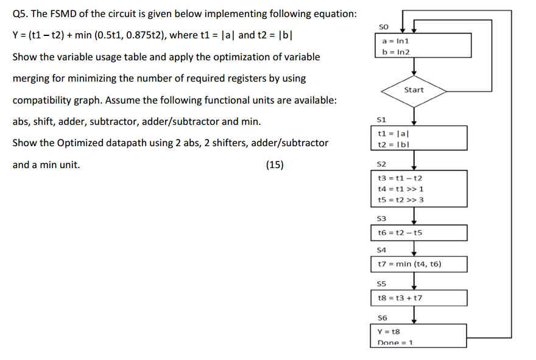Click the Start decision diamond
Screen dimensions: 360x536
414,90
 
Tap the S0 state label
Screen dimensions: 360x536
383,26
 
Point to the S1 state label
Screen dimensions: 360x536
383,119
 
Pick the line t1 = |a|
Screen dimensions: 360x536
390,133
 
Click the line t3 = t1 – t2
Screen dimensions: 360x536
401,178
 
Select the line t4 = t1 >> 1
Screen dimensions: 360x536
401,189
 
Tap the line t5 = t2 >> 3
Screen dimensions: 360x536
401,199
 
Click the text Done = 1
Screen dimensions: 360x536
395,342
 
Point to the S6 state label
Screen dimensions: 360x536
383,317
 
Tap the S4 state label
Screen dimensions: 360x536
383,250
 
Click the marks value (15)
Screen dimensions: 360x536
275,164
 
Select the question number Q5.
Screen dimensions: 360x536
21,14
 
